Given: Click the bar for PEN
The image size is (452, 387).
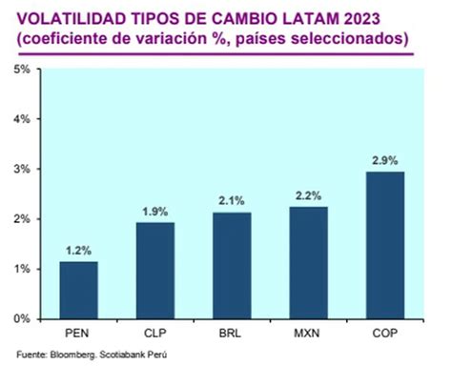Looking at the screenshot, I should pos(79,290).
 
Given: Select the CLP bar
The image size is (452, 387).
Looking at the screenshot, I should pos(155,271).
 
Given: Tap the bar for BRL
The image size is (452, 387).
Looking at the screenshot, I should pos(232,266).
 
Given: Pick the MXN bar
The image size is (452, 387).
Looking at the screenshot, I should pos(308,263).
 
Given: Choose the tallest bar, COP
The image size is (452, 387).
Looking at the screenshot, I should pos(384,245).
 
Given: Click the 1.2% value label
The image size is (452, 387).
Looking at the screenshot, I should pos(79,250).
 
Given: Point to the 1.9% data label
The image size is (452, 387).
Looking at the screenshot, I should pos(155,211).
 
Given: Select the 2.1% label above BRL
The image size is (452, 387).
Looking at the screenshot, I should pos(232,200).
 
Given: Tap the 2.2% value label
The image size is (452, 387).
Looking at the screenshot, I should pos(308,195).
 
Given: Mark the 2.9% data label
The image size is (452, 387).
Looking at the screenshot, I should pos(384,159).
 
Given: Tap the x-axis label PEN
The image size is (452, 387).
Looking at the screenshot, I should pos(79,334).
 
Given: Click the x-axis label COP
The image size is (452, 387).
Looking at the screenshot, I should pos(384,334).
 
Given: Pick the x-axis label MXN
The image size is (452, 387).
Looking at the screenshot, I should pos(308,334).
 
